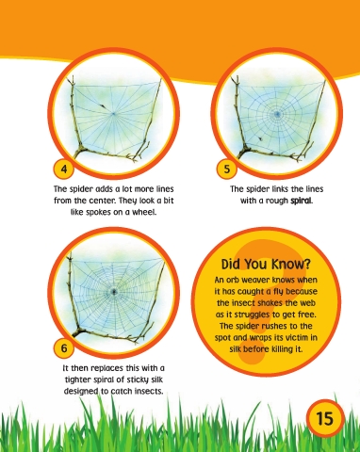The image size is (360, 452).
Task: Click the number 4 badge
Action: click(x=64, y=169)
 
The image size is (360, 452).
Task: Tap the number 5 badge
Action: click(x=226, y=169)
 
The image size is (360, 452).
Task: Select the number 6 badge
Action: click(x=64, y=347)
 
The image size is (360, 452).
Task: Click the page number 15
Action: click(x=325, y=418)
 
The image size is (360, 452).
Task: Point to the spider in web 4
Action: click(x=103, y=106)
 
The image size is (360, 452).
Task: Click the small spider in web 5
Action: click(x=260, y=138)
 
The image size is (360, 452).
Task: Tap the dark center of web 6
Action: click(x=113, y=292)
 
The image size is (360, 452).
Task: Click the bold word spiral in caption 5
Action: click(x=302, y=201)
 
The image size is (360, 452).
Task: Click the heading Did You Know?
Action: click(x=266, y=265)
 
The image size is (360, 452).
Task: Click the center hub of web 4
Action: click(x=114, y=113)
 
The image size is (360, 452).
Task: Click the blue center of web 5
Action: click(x=277, y=114)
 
